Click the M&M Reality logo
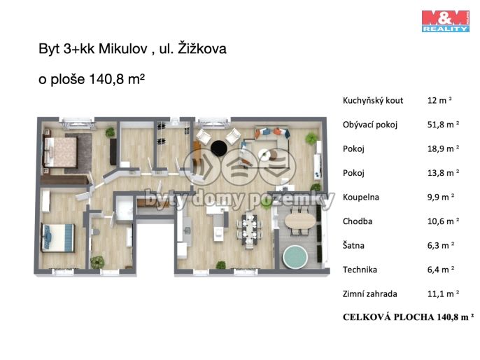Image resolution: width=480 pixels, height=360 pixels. tap(445, 20)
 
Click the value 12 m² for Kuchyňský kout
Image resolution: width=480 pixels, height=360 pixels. tap(441, 101)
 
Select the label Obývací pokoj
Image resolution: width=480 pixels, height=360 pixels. tap(370, 125)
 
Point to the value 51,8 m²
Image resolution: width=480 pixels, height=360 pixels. tap(442, 125)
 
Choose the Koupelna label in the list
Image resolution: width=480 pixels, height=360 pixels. tap(361, 197)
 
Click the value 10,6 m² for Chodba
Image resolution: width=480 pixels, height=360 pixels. tap(442, 221)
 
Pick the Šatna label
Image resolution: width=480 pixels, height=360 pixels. tap(355, 246)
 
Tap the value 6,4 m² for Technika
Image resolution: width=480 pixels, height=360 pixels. tap(441, 270)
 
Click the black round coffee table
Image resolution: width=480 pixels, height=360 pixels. tap(219, 148)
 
